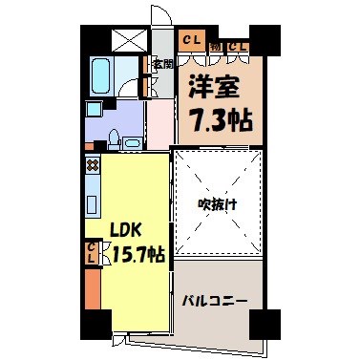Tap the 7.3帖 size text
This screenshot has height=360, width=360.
coord(220,121)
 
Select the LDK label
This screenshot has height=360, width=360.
coord(128,231)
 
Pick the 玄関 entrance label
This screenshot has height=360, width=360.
coord(162,65)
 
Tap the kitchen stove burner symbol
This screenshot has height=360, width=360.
coord(93,164)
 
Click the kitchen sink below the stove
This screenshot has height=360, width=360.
coord(92,203)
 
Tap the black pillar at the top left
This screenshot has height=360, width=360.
coord(91,36)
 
